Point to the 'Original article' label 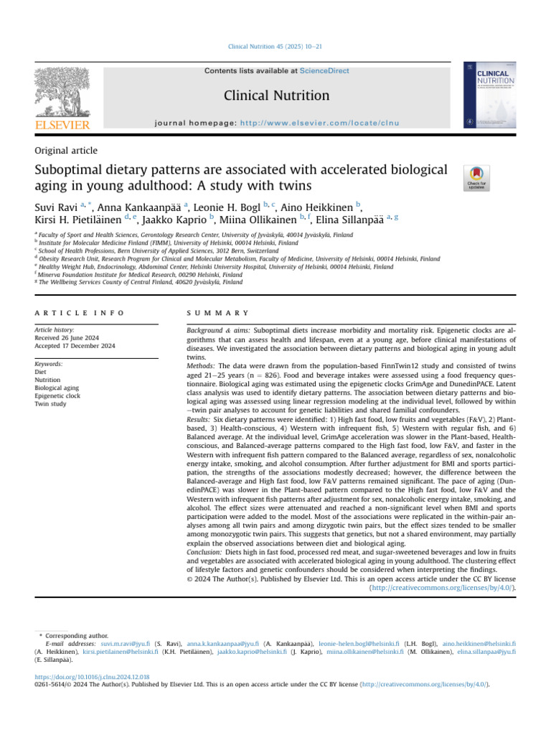tap(66, 151)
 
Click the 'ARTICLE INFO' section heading tap(79, 313)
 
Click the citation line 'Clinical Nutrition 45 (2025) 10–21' tap(275, 47)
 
